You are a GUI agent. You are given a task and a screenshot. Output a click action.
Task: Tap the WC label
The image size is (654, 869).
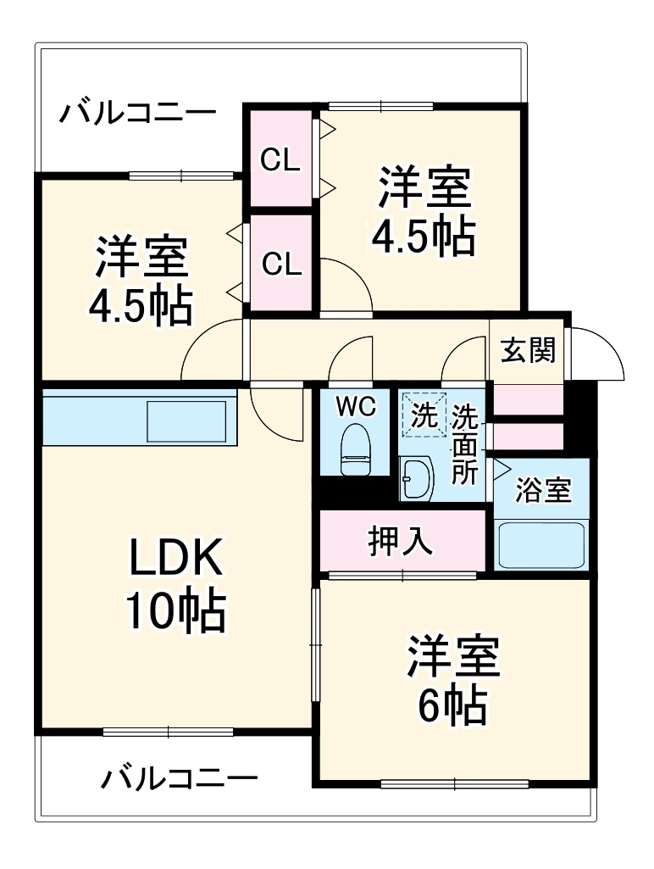[356, 407]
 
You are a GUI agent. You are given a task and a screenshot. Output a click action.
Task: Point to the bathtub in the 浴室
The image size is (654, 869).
[540, 545]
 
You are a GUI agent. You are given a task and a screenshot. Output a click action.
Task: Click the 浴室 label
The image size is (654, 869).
[542, 491]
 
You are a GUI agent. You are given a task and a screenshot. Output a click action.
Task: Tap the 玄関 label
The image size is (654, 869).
[527, 350]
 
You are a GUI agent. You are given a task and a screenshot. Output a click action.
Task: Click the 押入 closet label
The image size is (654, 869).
[401, 541]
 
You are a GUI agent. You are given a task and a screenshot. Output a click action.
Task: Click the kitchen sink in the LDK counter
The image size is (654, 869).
[187, 421]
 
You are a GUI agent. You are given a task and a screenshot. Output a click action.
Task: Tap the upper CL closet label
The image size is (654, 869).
[280, 160]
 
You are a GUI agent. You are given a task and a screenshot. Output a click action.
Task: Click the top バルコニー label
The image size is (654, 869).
[137, 113]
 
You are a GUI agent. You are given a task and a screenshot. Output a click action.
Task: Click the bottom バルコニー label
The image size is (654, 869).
[180, 777]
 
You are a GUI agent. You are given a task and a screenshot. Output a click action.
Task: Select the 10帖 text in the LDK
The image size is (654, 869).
[176, 610]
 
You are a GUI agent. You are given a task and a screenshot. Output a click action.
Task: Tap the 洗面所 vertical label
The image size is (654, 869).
[463, 445]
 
